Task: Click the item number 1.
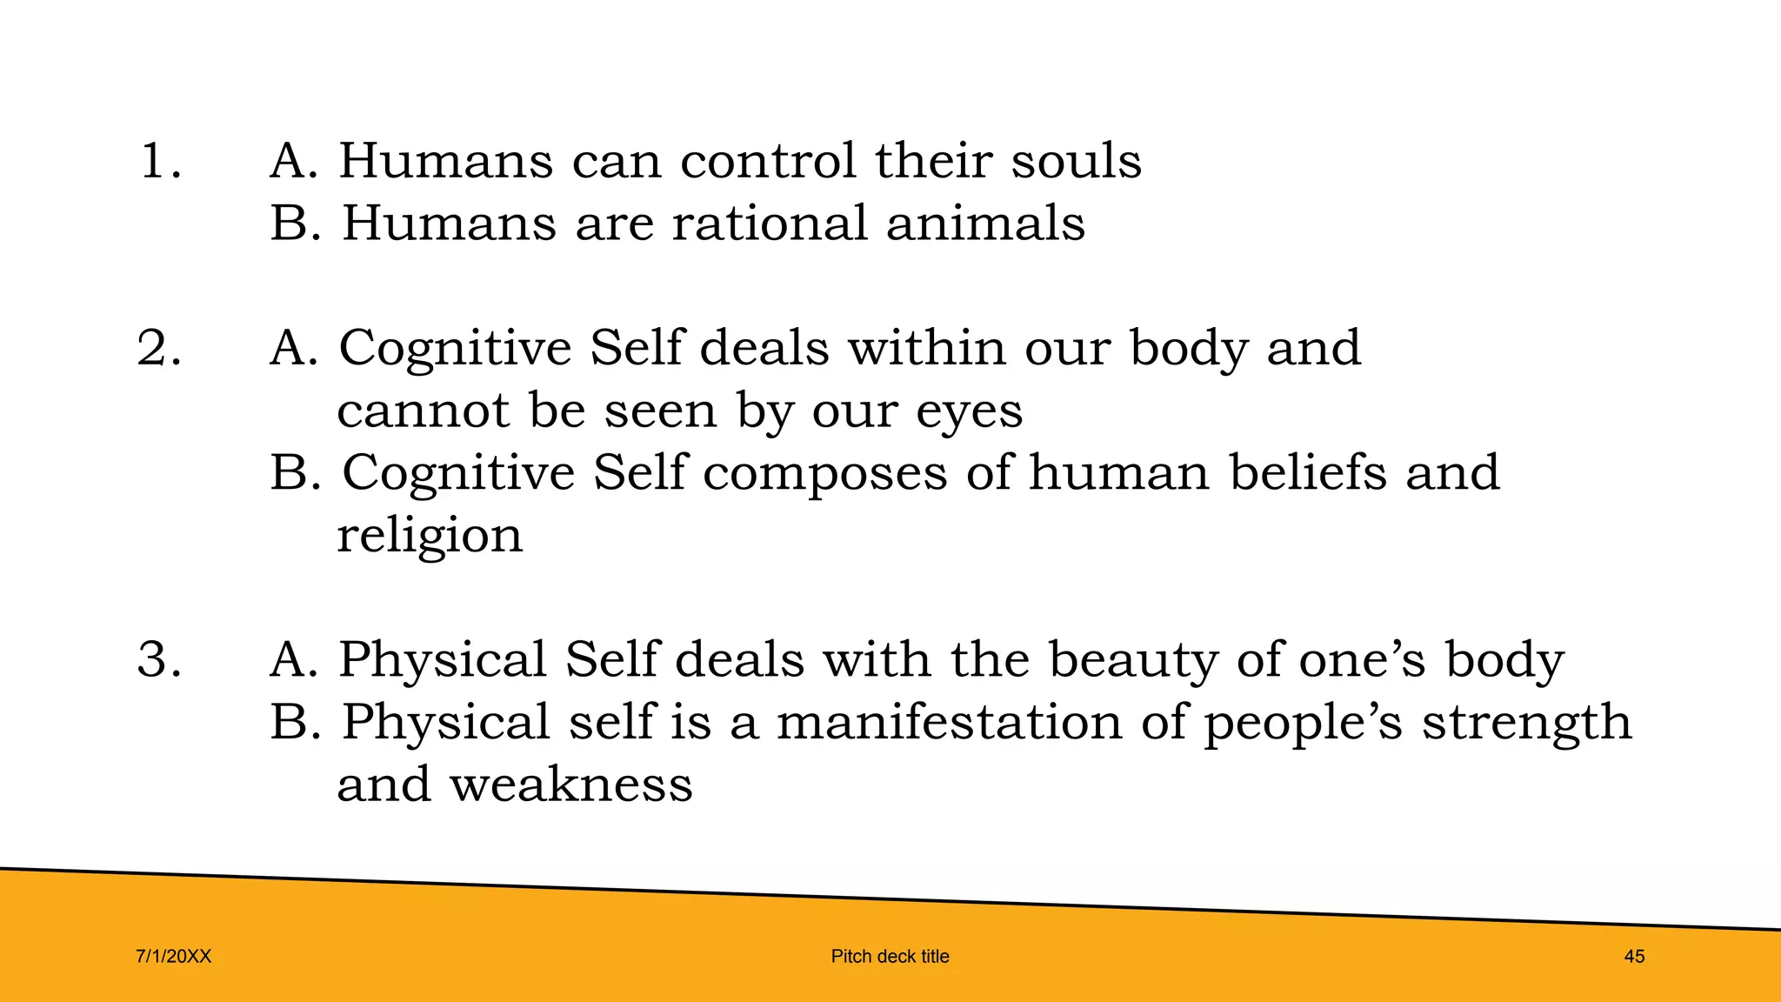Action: coord(159,162)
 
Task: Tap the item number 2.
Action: coord(159,348)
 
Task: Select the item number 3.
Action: coord(159,659)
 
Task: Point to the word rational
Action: coord(769,224)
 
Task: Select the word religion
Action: coord(430,536)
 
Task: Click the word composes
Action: coord(824,474)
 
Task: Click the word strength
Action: coord(1526,724)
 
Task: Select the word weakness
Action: coord(570,785)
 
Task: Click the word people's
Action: coord(1303,724)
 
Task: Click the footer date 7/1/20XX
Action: coord(174,957)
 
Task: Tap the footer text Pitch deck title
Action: coord(890,957)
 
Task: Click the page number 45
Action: coord(1634,957)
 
